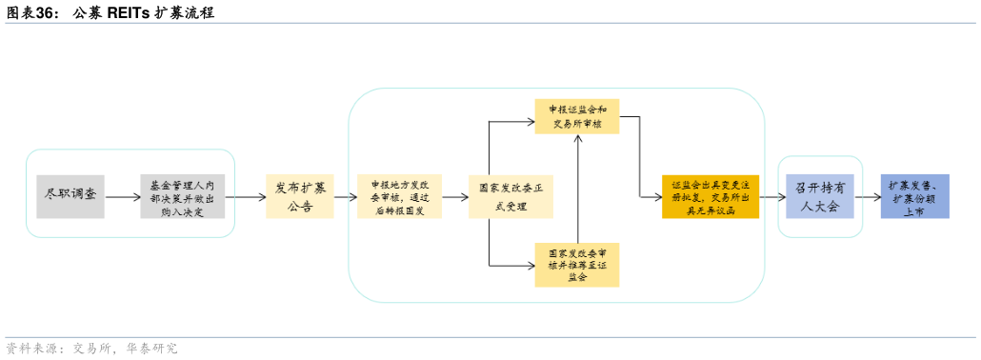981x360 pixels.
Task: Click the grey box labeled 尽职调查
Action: tap(70, 196)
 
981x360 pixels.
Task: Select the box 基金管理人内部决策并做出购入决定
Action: tap(182, 196)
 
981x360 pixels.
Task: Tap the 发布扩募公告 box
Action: tap(300, 196)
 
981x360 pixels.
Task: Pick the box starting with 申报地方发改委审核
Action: tap(399, 196)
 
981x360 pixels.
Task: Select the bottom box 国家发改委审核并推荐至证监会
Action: tap(577, 264)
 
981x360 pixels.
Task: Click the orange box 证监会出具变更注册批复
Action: tap(710, 196)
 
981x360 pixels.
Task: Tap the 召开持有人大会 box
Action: tap(820, 196)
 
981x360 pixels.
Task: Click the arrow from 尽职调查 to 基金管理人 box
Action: tap(121, 197)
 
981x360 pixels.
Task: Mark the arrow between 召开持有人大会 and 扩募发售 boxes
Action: tap(867, 197)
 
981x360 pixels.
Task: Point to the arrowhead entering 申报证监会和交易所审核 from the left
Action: tap(530, 121)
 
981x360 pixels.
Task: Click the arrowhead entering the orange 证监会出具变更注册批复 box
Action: tap(657, 197)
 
